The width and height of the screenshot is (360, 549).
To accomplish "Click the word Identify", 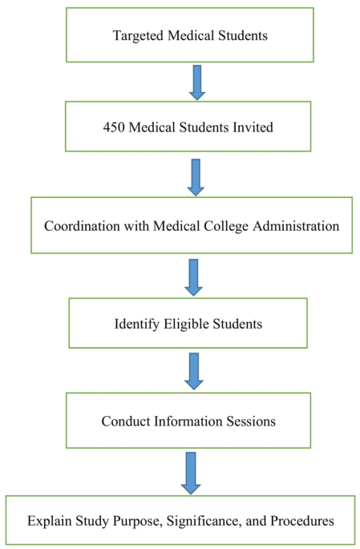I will [x=136, y=326].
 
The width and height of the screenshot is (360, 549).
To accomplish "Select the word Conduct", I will [x=123, y=421].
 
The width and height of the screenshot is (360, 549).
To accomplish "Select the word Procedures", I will [x=301, y=521].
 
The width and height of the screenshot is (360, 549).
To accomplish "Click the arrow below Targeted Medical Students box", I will [x=196, y=82].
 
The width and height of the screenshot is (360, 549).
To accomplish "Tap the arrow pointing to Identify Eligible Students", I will [x=192, y=277].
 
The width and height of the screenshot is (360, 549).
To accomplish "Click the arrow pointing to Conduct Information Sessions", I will [x=192, y=371].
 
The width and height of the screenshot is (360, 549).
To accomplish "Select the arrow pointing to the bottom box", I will [x=191, y=471].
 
